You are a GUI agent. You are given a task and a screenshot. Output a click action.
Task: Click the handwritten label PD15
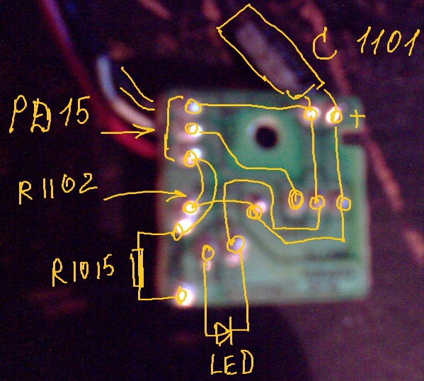click(50, 114)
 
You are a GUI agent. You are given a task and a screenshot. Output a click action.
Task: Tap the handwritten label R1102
click(57, 188)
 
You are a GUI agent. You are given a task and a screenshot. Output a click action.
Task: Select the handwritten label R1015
click(83, 271)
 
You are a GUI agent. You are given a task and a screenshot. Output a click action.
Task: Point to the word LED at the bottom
click(232, 363)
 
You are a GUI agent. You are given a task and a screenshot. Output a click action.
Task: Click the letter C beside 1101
click(324, 47)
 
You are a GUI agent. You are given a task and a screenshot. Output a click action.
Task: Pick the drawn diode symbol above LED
click(224, 334)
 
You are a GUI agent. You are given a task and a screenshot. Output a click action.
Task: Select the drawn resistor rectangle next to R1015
click(138, 268)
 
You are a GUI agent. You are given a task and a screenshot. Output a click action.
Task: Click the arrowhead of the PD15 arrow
click(148, 130)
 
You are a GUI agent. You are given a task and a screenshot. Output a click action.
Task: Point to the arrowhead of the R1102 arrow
click(178, 195)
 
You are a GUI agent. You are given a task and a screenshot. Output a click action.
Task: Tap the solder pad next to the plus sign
click(336, 116)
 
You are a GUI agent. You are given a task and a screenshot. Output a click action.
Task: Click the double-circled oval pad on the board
click(295, 199)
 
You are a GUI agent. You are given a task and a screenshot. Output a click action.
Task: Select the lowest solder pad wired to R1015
click(182, 296)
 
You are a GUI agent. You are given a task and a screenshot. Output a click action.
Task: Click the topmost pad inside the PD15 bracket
click(193, 106)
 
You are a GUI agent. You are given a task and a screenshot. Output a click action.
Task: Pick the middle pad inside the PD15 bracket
click(192, 129)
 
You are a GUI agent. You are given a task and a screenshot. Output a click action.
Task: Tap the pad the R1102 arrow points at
click(191, 207)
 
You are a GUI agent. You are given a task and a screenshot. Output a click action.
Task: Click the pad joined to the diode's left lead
click(208, 253)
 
